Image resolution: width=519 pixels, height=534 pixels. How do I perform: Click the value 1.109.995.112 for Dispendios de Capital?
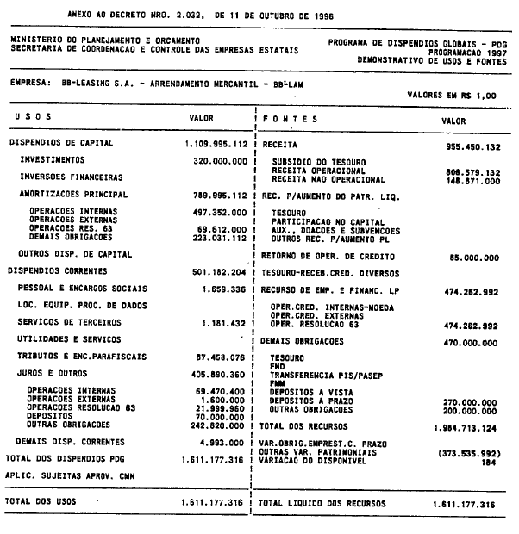(x=216, y=143)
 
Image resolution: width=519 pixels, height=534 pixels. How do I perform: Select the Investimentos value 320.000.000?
(x=220, y=160)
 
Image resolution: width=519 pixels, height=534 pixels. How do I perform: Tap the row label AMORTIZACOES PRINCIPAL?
(x=73, y=195)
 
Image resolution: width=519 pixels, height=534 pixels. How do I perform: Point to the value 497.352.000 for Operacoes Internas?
(x=220, y=211)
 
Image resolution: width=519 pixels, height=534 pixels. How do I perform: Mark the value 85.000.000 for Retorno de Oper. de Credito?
(x=469, y=257)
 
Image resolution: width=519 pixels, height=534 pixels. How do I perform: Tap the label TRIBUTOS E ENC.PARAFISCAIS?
(x=84, y=357)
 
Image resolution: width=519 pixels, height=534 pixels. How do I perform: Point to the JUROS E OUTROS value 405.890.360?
(x=220, y=374)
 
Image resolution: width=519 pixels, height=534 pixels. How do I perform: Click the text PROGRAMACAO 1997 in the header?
(x=468, y=51)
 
